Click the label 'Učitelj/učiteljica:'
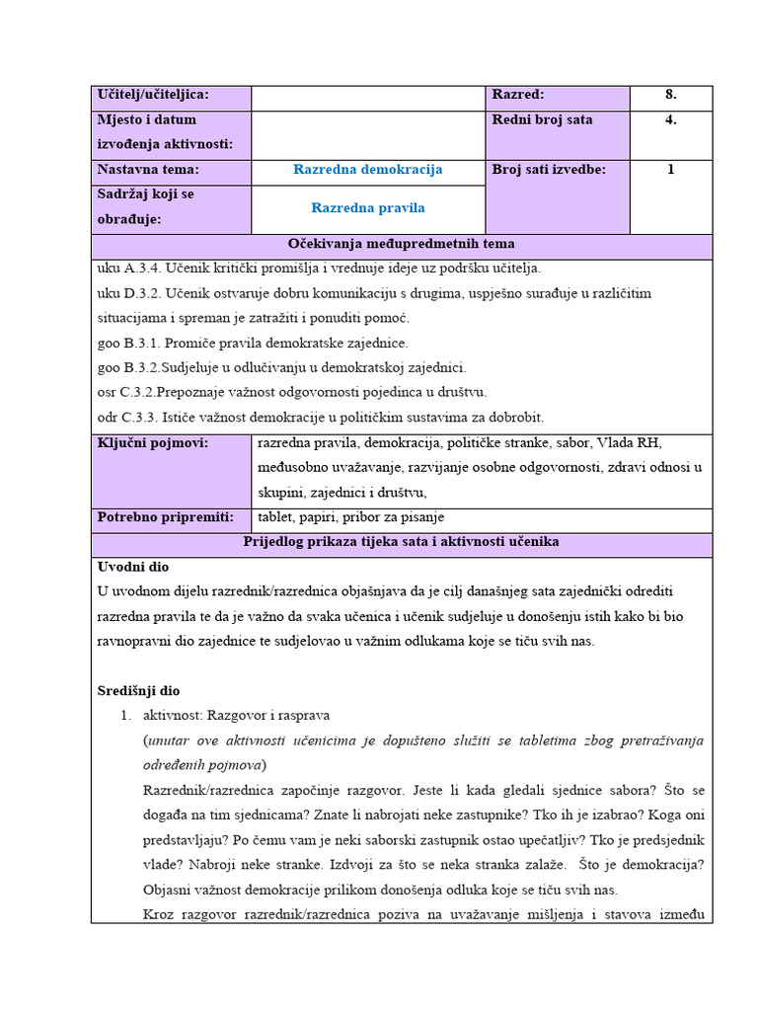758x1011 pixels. click(153, 95)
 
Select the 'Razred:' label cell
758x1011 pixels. click(518, 95)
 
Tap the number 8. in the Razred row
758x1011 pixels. click(670, 95)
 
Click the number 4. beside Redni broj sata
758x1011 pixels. click(670, 119)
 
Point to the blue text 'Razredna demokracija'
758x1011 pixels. click(368, 170)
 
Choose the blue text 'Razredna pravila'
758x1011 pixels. click(368, 208)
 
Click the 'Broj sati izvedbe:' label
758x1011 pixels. click(549, 170)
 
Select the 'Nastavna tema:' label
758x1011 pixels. click(148, 170)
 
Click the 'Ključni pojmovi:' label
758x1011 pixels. click(153, 443)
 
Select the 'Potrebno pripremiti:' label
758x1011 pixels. click(165, 517)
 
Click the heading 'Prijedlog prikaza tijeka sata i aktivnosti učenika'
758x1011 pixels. click(401, 542)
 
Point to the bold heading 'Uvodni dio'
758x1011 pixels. click(133, 567)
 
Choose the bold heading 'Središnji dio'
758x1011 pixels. click(139, 691)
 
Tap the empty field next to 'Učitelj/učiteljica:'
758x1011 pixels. click(368, 96)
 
